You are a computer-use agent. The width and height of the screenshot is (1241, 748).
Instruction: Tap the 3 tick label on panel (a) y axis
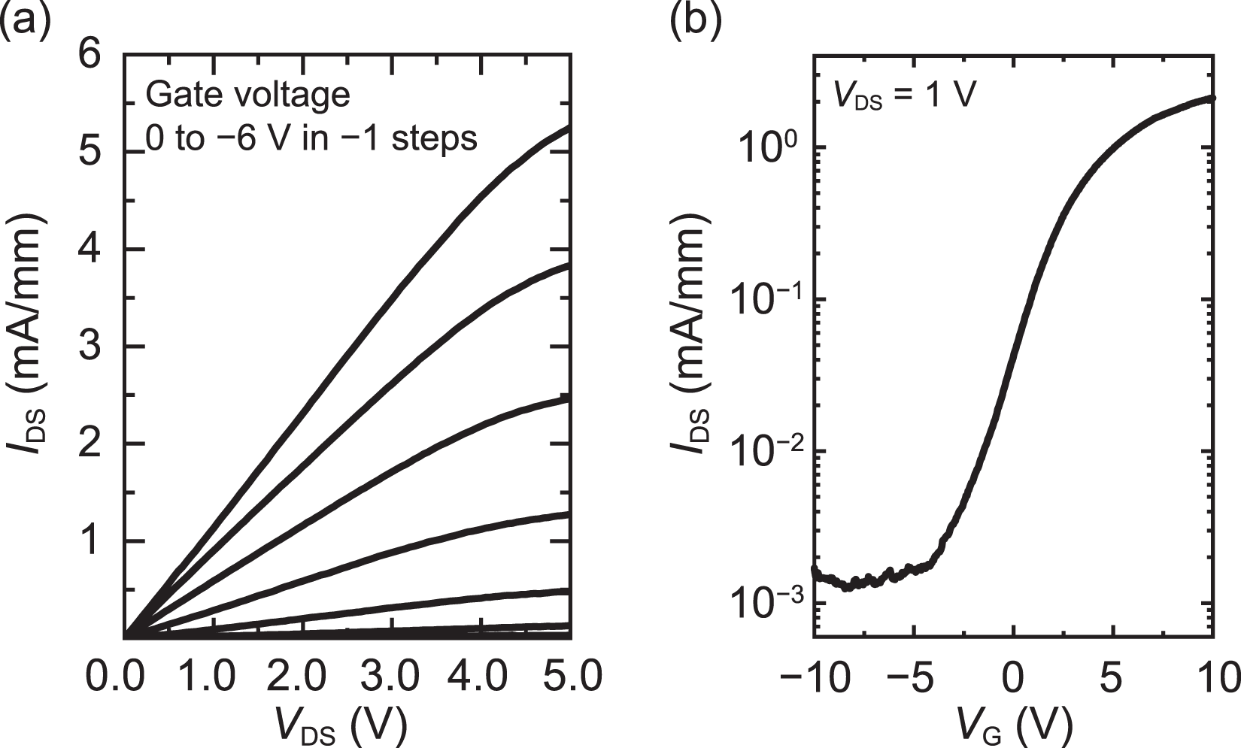[91, 347]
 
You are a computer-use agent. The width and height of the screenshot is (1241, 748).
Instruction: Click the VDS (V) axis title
[342, 725]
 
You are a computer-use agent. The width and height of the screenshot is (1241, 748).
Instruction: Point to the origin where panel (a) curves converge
[125, 637]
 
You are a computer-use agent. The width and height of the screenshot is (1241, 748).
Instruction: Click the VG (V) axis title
[1015, 725]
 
